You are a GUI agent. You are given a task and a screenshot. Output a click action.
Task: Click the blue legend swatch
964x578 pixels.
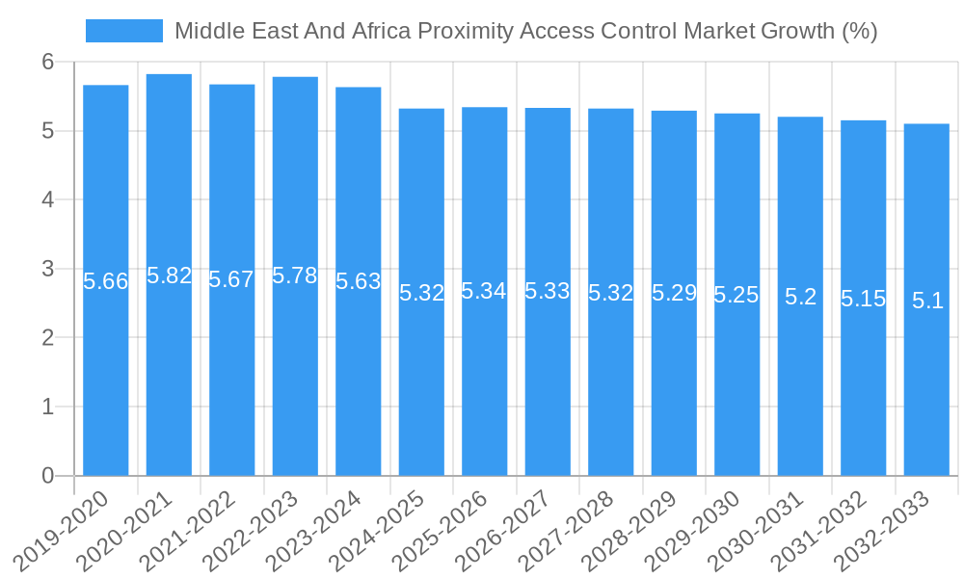point(124,31)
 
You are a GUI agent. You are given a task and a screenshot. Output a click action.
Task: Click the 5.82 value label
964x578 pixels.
point(169,276)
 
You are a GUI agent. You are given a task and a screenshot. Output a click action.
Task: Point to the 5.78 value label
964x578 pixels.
point(295,276)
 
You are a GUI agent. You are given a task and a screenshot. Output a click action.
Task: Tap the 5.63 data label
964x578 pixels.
point(359,281)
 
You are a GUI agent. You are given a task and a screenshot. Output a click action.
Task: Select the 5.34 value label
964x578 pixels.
point(484,291)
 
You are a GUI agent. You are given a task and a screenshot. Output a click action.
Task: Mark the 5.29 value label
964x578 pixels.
point(674,293)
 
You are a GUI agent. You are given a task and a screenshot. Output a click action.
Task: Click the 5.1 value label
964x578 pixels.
point(926,301)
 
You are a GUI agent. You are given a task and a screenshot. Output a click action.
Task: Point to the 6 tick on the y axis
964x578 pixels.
point(47,62)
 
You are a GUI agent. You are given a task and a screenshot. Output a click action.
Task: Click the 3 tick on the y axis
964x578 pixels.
point(47,269)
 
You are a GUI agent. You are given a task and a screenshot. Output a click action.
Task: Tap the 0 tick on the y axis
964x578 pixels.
point(47,476)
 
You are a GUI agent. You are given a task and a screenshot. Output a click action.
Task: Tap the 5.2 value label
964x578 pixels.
point(800,297)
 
